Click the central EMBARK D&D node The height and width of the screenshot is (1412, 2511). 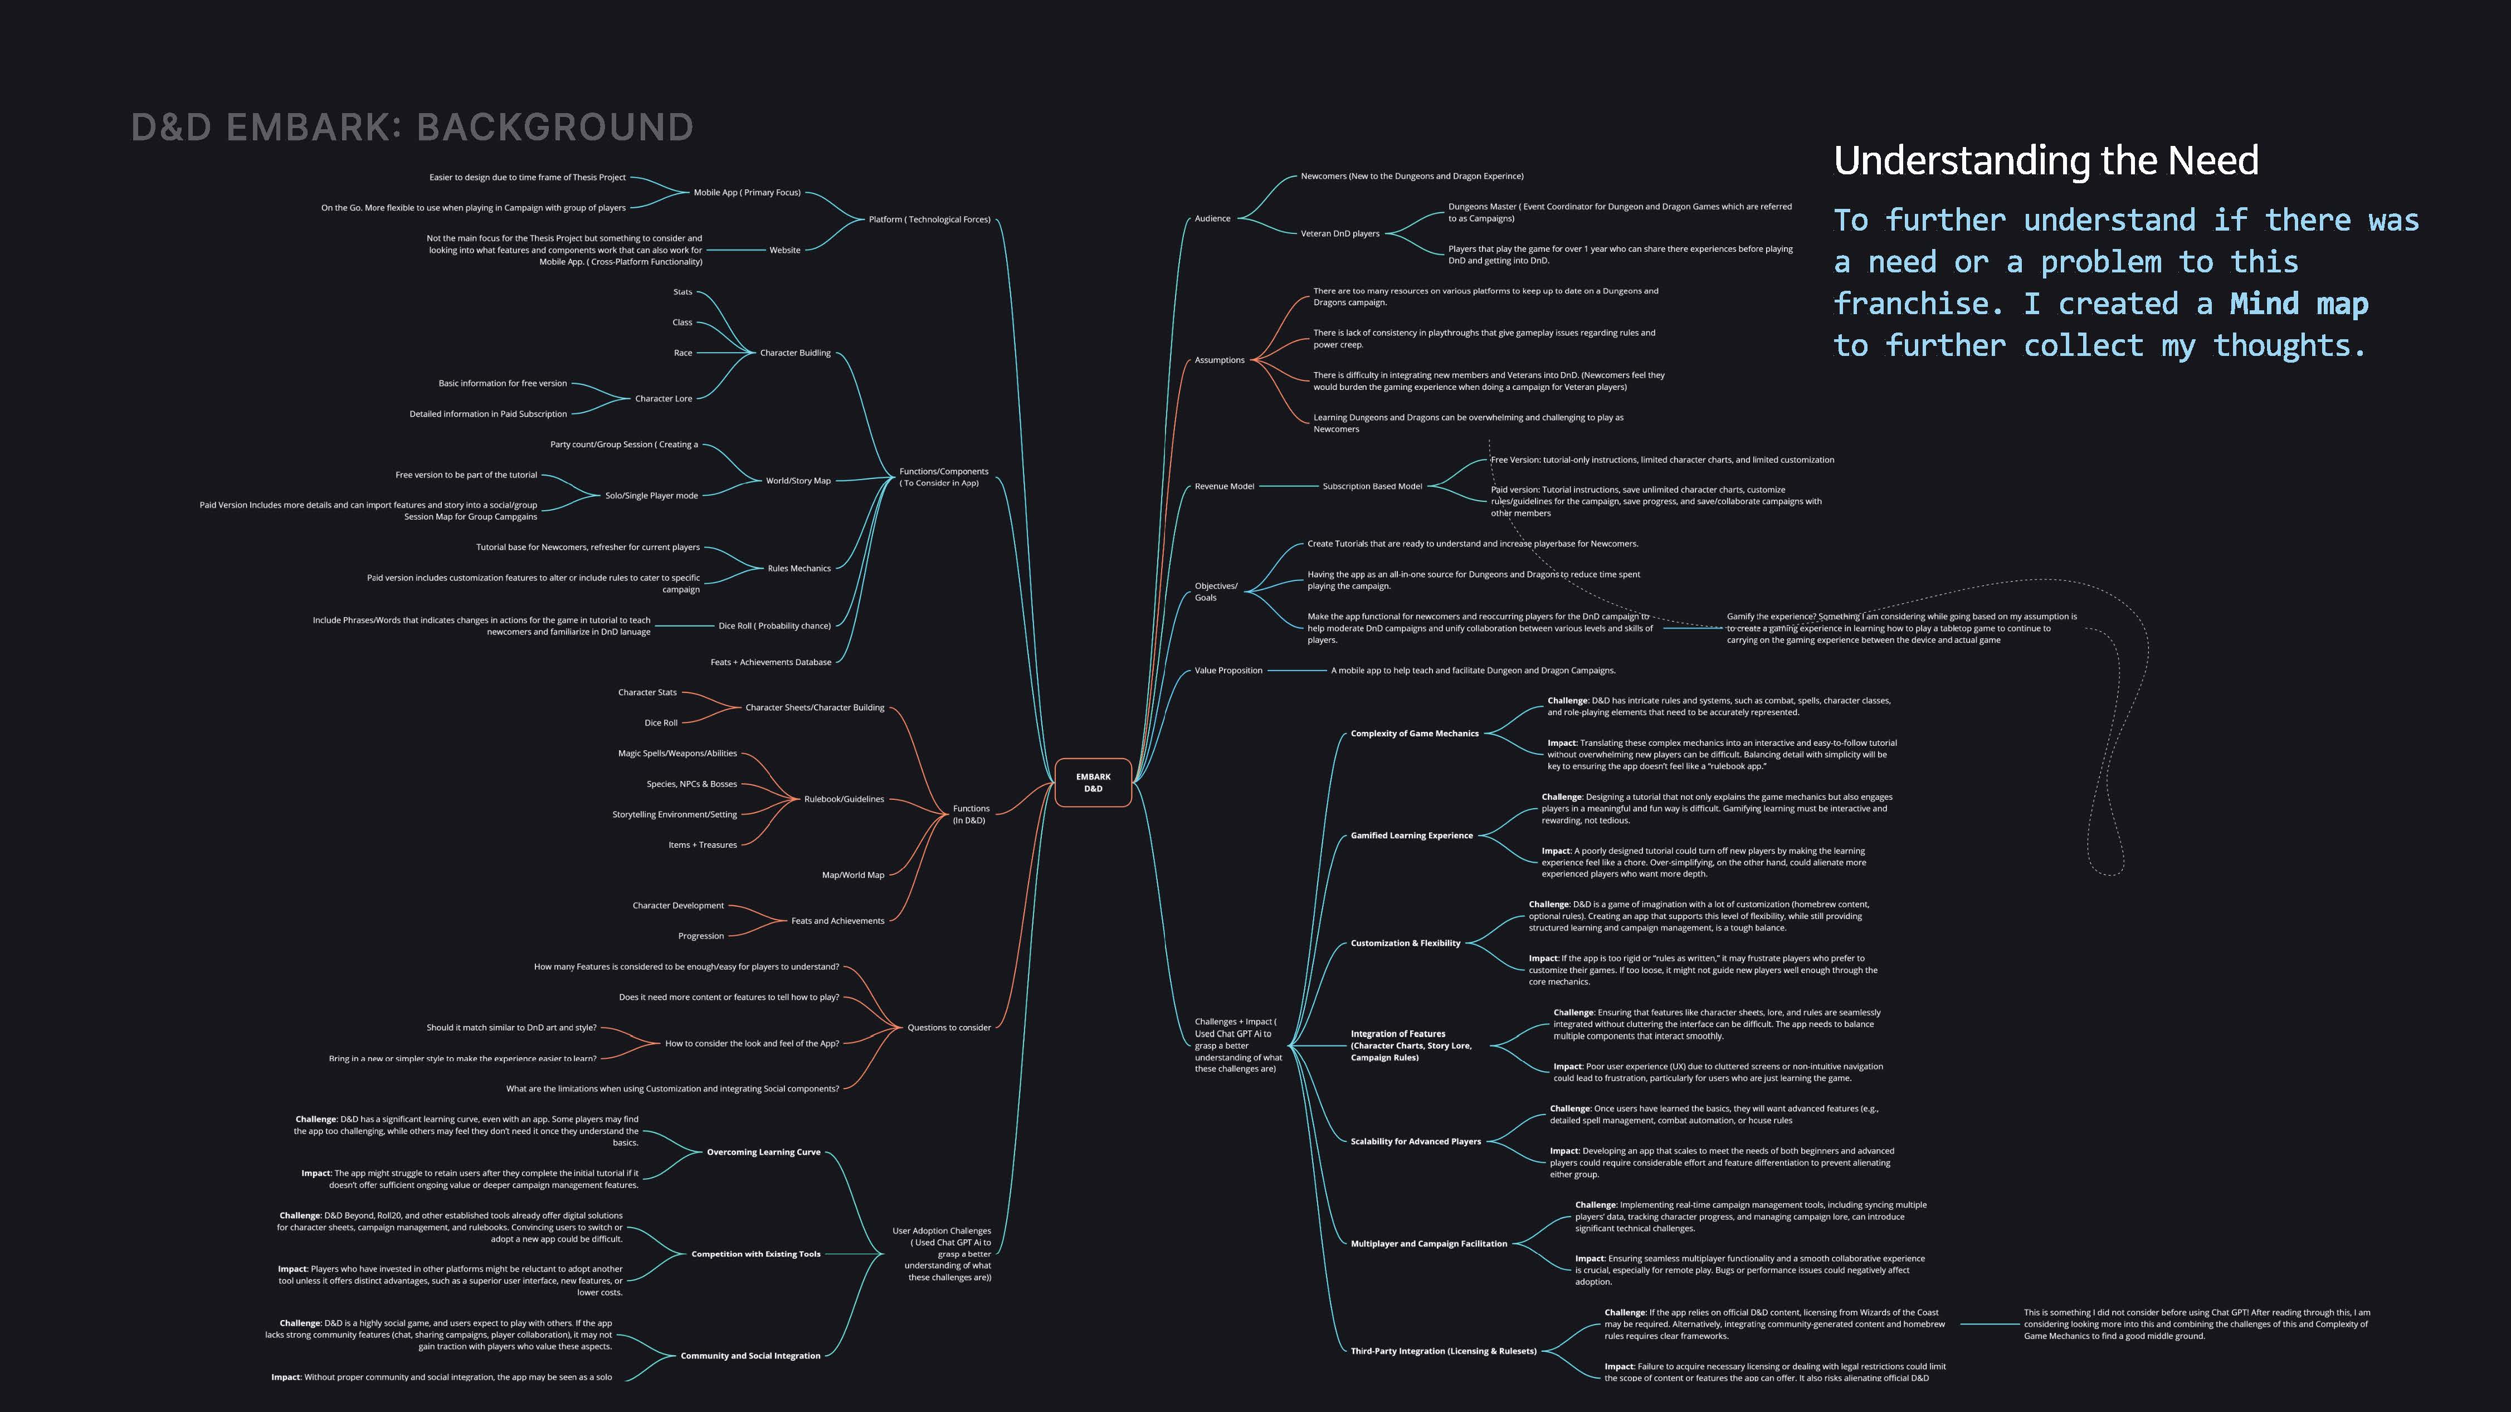tap(1093, 783)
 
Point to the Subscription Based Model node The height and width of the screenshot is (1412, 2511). tap(1372, 486)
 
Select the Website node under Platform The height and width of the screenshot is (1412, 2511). tap(784, 251)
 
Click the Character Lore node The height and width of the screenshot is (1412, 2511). tap(663, 399)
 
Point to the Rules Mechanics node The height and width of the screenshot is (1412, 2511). tap(798, 568)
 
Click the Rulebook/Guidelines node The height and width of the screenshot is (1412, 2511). tap(843, 799)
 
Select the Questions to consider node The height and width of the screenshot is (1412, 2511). tap(948, 1027)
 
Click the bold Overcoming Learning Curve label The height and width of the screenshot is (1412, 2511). tap(763, 1152)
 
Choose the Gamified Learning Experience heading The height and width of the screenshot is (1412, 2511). tap(1411, 835)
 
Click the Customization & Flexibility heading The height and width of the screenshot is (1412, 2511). tap(1405, 943)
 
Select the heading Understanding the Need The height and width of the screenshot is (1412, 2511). tap(2045, 161)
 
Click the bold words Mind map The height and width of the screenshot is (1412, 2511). tap(2299, 304)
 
